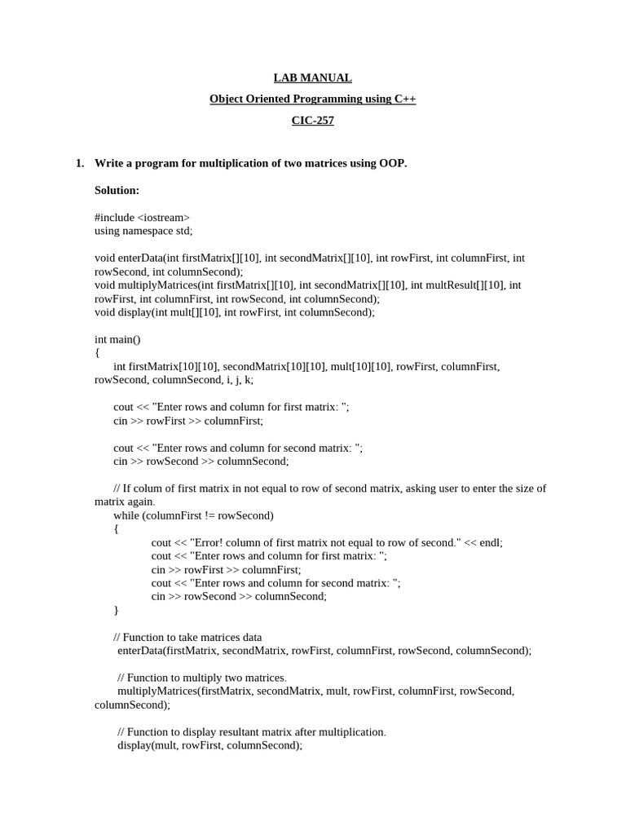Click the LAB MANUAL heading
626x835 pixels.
pos(312,78)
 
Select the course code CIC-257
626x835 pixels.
pos(312,121)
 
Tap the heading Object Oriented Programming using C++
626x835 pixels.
pos(312,99)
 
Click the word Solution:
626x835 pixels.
pos(117,190)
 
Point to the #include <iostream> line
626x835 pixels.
pos(142,218)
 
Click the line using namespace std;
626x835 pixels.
pos(143,231)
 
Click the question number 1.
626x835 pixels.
pos(79,163)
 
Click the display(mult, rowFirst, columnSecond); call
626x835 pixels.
pos(209,745)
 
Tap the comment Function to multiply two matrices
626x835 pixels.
pos(201,678)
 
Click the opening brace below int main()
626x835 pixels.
pos(97,352)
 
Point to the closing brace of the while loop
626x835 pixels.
pos(116,610)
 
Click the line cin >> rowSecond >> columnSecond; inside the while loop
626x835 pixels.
pos(238,596)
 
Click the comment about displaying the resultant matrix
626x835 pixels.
pos(251,731)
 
